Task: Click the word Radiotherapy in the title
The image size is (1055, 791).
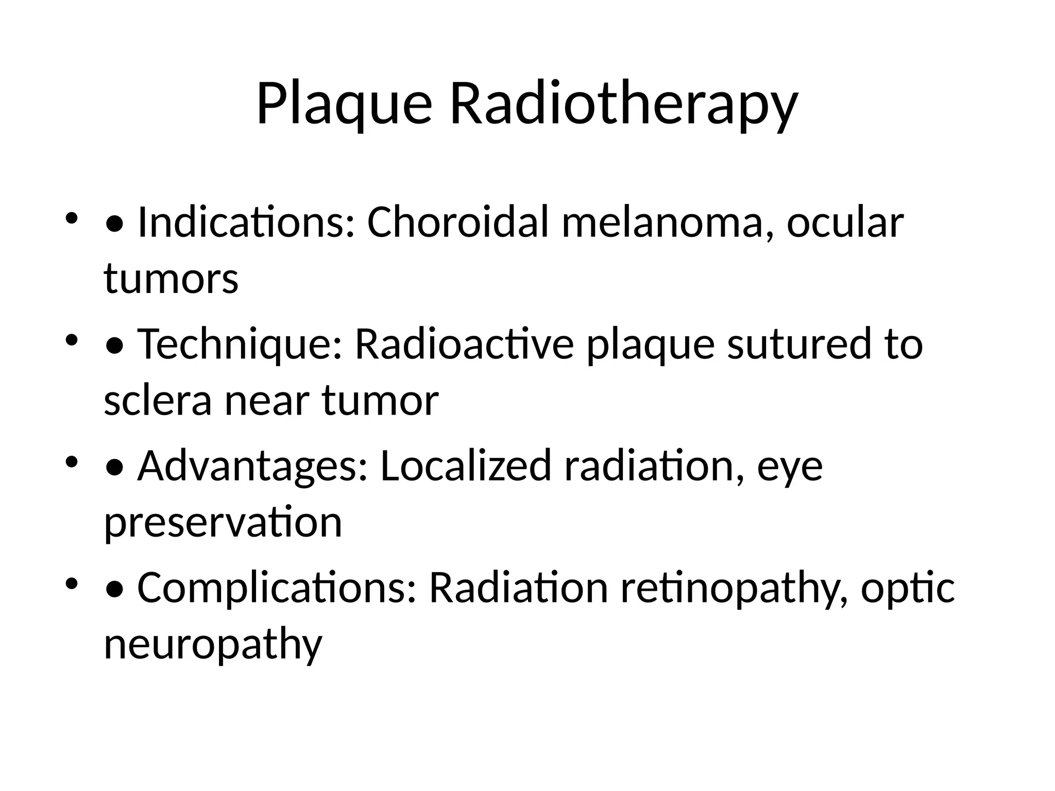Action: pos(624,104)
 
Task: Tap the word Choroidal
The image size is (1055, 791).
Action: pos(458,222)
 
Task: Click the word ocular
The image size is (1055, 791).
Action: pos(845,222)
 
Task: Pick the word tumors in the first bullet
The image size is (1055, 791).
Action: pos(171,279)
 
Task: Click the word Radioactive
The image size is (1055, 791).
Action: pos(464,344)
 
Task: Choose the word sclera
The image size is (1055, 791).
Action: pos(158,400)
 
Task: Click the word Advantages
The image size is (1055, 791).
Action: pos(253,466)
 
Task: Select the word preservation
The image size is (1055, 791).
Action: pos(223,522)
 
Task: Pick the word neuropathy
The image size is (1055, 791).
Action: pos(213,644)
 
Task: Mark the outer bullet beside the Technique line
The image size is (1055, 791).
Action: pos(72,340)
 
